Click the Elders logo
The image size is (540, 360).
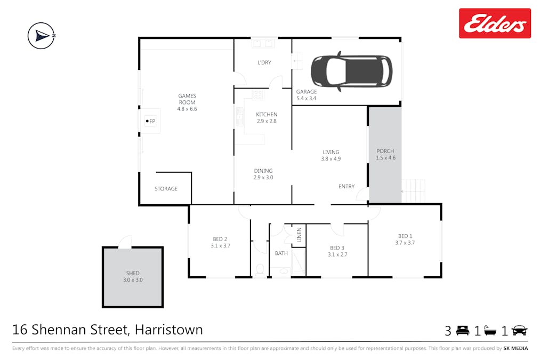495,23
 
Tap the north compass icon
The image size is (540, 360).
42,36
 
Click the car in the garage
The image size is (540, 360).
351,70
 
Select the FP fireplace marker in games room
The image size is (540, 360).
150,122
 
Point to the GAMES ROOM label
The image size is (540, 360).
187,99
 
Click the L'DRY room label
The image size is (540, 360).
264,62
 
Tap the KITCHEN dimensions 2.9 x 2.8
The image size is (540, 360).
266,121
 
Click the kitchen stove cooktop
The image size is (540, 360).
258,95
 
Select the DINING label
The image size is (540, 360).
263,171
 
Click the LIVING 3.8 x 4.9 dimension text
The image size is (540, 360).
331,159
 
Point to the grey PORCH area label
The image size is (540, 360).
385,151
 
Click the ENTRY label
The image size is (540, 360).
346,186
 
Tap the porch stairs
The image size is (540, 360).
414,188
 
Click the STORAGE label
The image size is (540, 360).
166,189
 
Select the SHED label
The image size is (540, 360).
133,273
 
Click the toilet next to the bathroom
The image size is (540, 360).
260,270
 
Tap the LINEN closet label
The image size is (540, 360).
299,235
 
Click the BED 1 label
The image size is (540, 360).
405,236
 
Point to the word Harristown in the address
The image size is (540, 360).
169,330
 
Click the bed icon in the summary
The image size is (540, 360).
462,331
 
